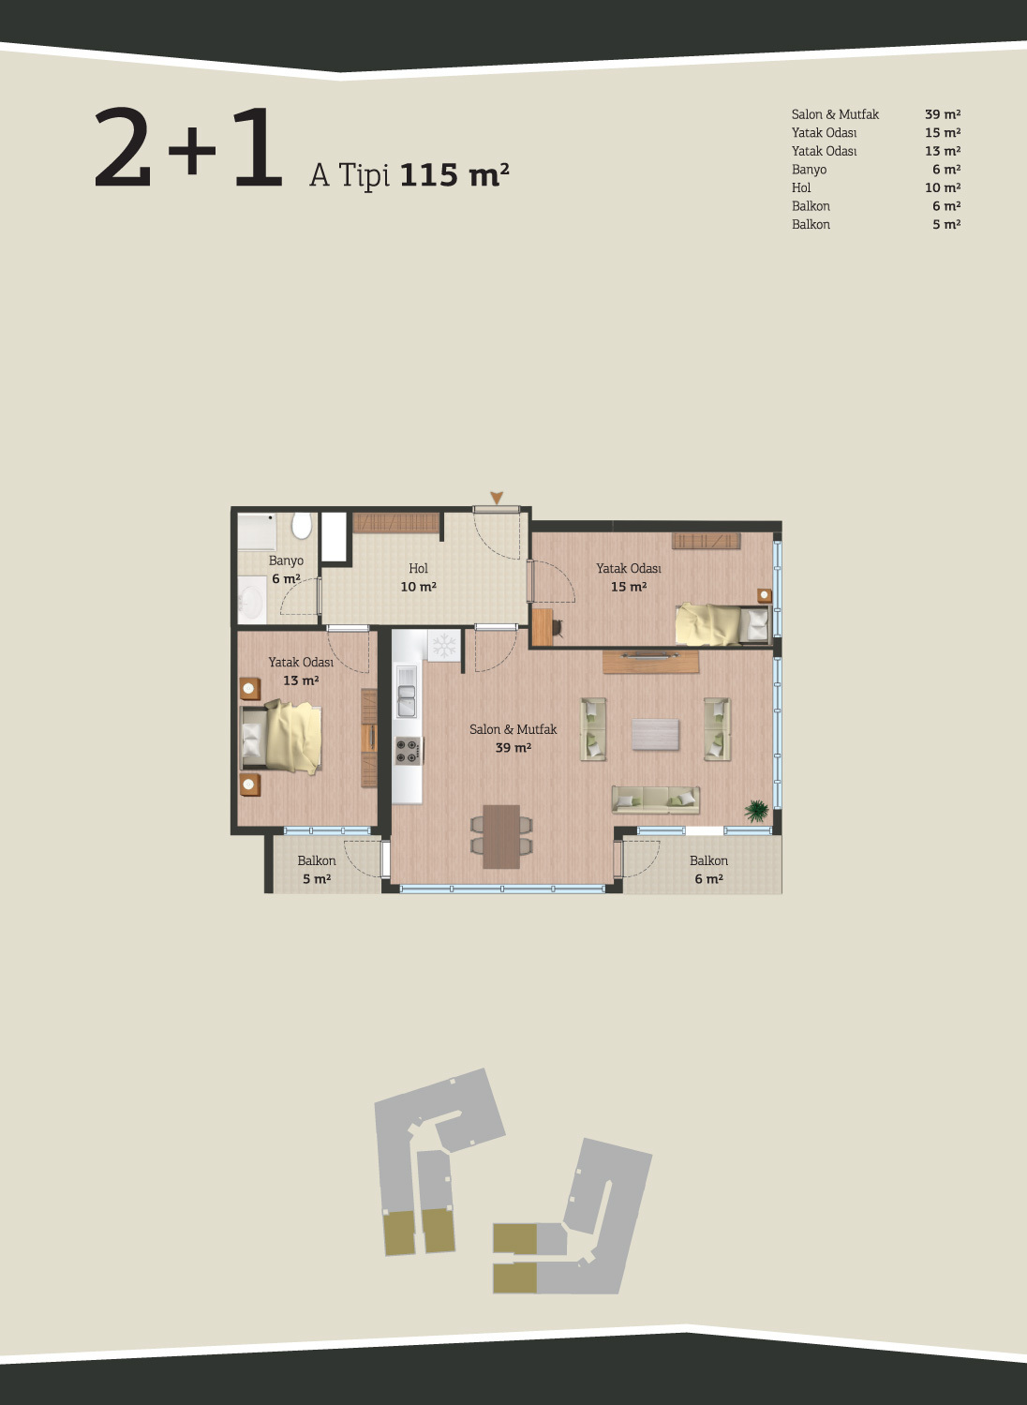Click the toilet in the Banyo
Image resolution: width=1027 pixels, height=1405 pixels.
click(x=302, y=526)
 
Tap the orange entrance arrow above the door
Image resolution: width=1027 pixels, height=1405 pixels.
click(x=497, y=498)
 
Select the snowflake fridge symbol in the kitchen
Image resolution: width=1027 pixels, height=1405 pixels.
click(x=444, y=646)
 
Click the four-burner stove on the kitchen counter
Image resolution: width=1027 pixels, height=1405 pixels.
click(x=408, y=751)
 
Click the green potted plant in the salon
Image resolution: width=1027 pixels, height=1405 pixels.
click(x=757, y=811)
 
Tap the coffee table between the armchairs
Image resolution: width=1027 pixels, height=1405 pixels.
click(x=655, y=734)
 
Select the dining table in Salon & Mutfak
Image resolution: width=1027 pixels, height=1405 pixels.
click(x=501, y=836)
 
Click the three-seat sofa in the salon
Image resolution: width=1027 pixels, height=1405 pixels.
click(x=656, y=800)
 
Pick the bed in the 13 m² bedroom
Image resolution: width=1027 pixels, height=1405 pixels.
click(x=281, y=738)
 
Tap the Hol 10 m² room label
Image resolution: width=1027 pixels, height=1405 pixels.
click(x=418, y=577)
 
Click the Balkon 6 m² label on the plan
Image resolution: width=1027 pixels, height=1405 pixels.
click(x=708, y=870)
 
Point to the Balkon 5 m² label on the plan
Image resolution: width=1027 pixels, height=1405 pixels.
click(x=317, y=870)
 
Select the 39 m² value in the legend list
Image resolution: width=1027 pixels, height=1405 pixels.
click(x=943, y=114)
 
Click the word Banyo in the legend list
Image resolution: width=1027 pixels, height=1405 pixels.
click(x=809, y=170)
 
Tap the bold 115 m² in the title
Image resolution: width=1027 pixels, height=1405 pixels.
click(x=454, y=174)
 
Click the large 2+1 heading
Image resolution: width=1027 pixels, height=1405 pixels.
click(x=187, y=147)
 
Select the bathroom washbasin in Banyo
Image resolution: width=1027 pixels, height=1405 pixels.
click(x=253, y=600)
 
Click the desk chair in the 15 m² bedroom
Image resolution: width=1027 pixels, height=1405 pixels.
click(x=558, y=627)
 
